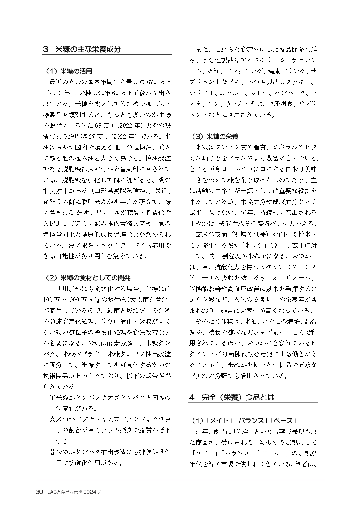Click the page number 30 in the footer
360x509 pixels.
click(39, 492)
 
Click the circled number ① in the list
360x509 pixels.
click(52, 397)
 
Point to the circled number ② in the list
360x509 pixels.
click(52, 419)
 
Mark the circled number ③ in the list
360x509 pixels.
click(52, 452)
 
